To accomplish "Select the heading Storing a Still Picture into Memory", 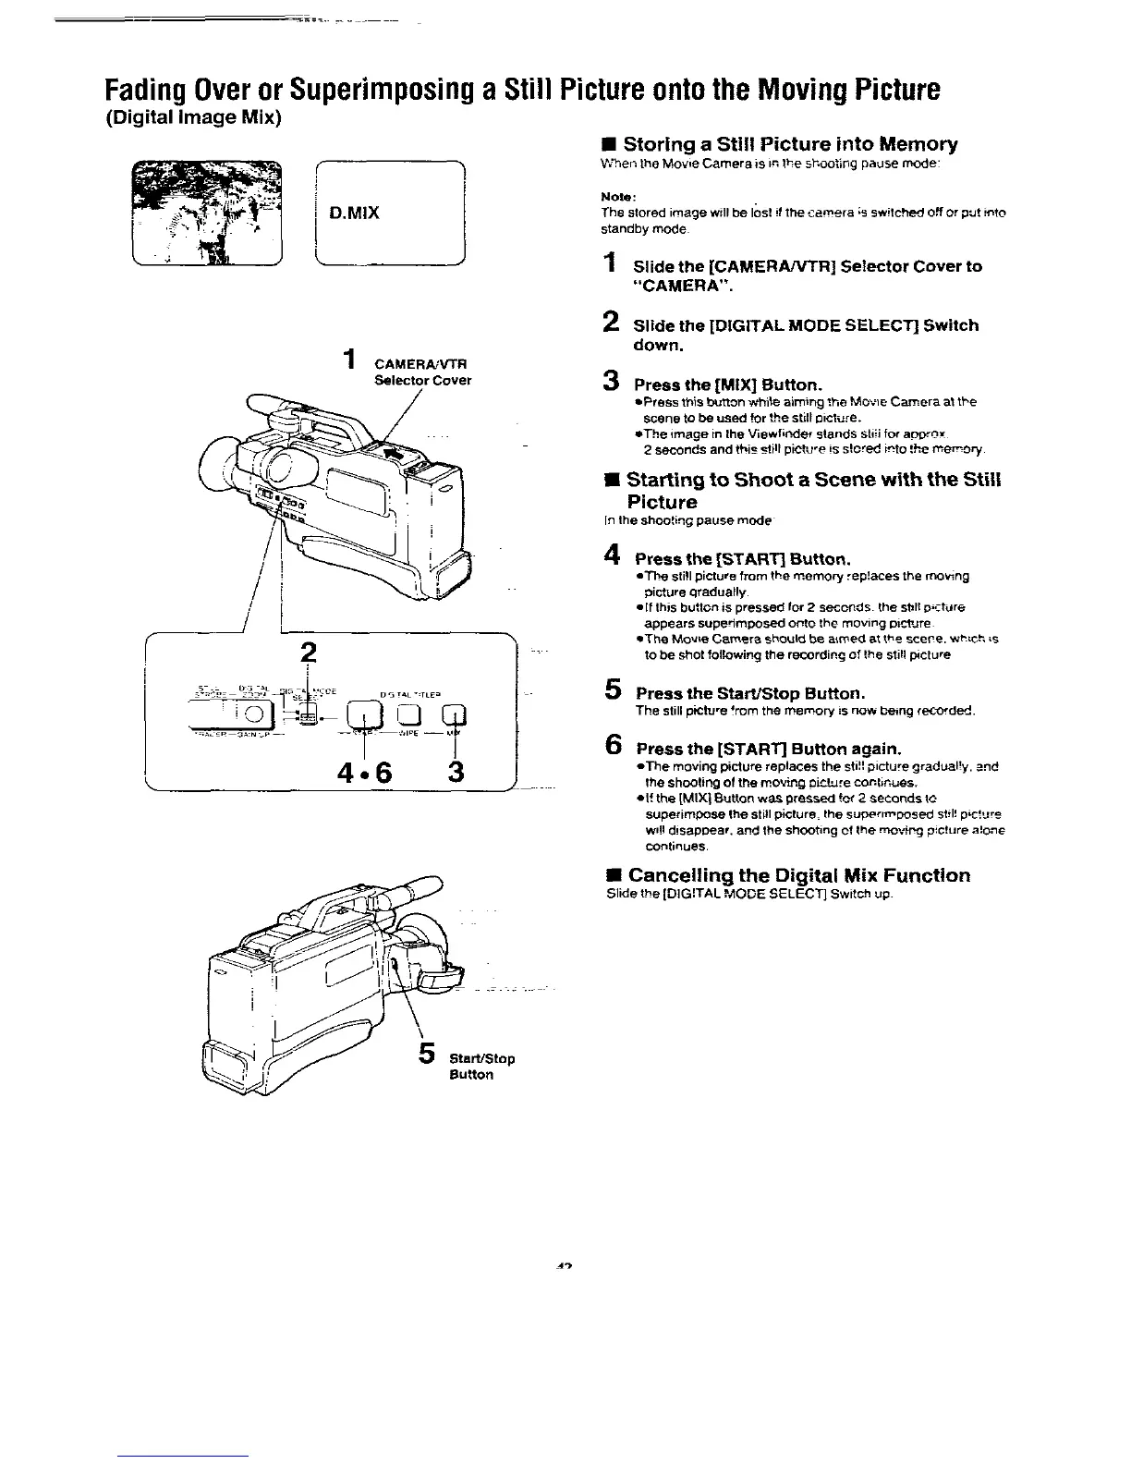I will click(790, 144).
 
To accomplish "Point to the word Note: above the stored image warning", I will click(614, 197).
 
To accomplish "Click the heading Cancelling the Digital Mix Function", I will click(798, 875).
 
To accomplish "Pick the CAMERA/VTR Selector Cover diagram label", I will click(422, 372).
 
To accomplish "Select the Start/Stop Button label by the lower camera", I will click(481, 1067).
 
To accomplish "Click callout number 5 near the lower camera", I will click(427, 1053).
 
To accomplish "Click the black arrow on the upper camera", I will click(390, 454).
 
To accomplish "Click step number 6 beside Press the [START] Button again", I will click(611, 747).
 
